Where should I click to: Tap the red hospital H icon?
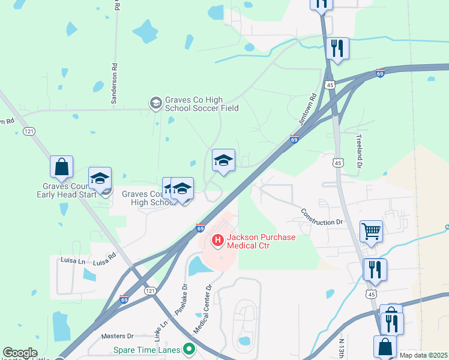217,241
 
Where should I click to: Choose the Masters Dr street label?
117,337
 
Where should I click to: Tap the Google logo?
20,353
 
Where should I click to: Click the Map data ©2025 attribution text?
424,355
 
